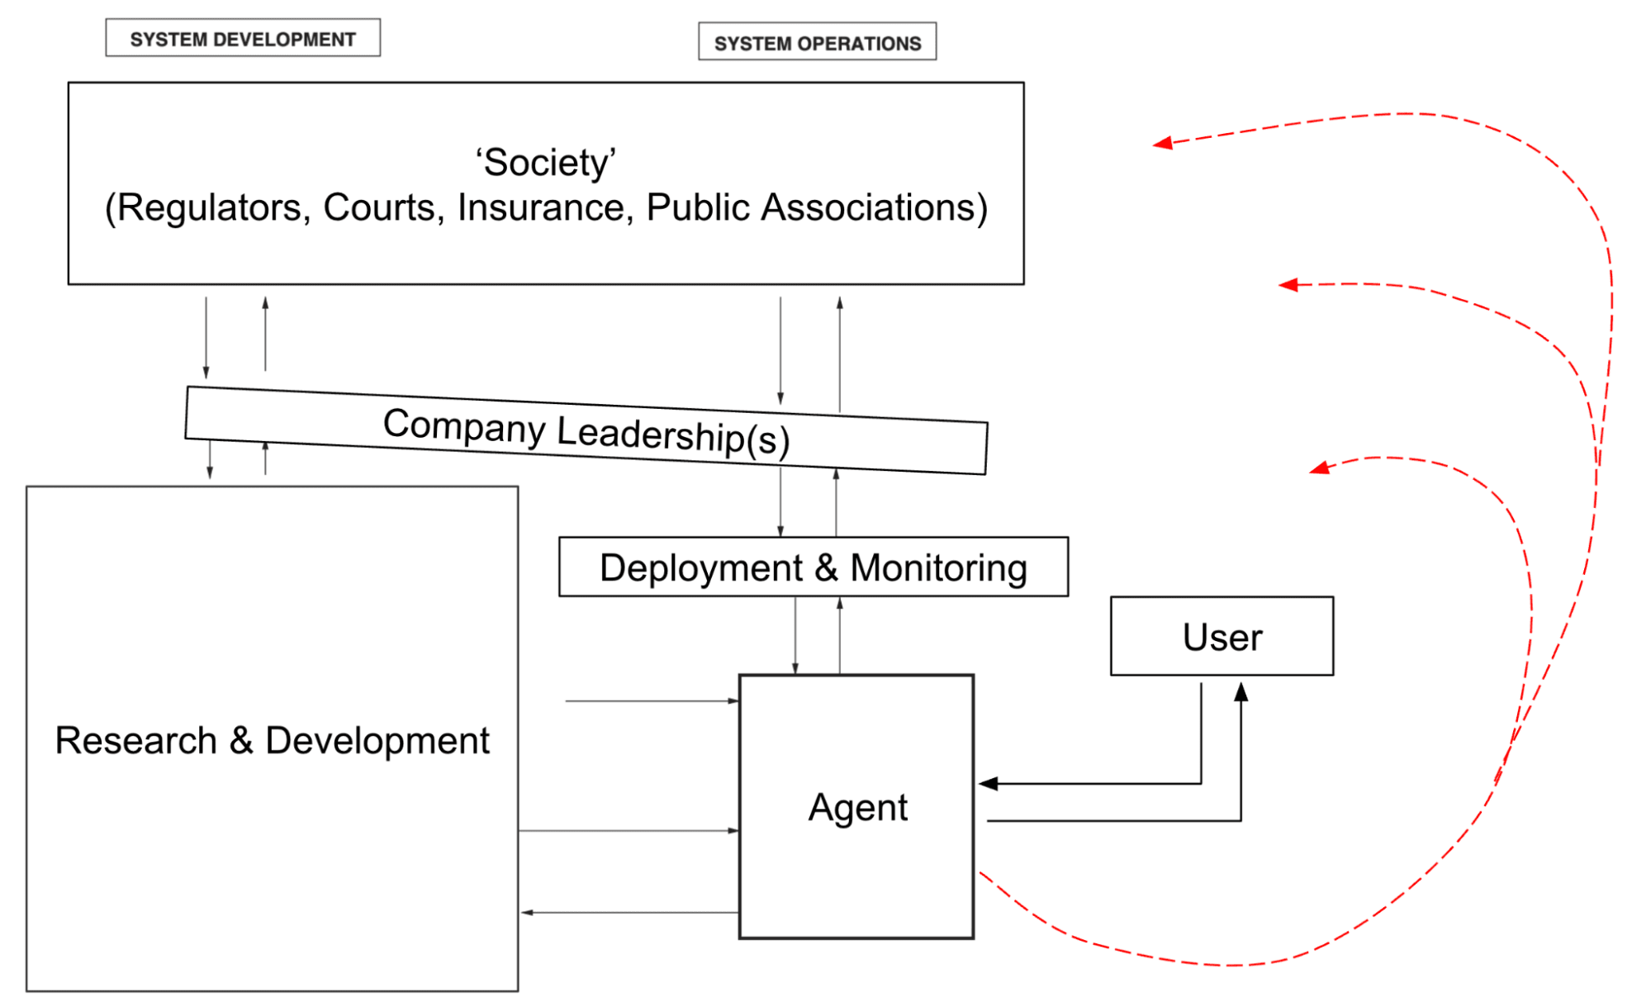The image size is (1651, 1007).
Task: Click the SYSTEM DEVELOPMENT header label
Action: tap(243, 39)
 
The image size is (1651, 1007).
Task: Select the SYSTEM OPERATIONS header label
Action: tap(818, 43)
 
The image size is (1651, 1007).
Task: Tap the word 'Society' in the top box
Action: tap(546, 162)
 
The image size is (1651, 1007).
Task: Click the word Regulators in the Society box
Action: tap(208, 207)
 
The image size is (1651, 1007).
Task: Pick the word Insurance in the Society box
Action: tap(546, 207)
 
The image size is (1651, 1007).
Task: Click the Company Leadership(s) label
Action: tap(586, 431)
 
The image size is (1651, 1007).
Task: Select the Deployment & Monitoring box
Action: tap(814, 567)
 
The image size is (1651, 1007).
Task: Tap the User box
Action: tap(1222, 636)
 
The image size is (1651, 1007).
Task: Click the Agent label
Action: tap(858, 807)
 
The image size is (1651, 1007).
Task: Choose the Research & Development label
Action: tap(273, 740)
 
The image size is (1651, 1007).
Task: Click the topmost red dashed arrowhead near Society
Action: tap(1163, 144)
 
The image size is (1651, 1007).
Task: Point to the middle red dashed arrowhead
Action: tap(1288, 285)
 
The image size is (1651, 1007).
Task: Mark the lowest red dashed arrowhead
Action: tap(1320, 468)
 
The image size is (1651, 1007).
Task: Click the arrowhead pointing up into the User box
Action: tap(1241, 691)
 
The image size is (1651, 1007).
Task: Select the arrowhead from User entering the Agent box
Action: tap(989, 783)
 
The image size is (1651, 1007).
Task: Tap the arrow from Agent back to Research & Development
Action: tap(629, 913)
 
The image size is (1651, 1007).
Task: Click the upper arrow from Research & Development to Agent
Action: tap(652, 701)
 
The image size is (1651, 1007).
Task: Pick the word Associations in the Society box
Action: tap(875, 207)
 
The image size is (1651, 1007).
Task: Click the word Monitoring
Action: tap(939, 568)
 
